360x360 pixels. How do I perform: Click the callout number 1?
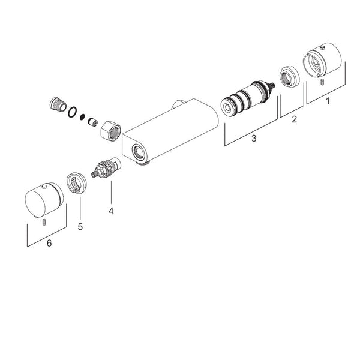pyautogui.click(x=328, y=101)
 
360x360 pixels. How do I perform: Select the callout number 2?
pyautogui.click(x=294, y=119)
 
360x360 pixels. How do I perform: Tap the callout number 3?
pyautogui.click(x=254, y=139)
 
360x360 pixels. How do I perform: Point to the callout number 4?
pyautogui.click(x=111, y=211)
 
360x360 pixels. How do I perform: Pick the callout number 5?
pyautogui.click(x=80, y=227)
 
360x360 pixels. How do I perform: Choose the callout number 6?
pyautogui.click(x=49, y=243)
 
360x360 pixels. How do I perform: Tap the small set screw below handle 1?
pyautogui.click(x=322, y=82)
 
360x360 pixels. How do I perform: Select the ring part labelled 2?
pyautogui.click(x=290, y=77)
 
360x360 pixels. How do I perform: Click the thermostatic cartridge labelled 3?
pyautogui.click(x=247, y=99)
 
